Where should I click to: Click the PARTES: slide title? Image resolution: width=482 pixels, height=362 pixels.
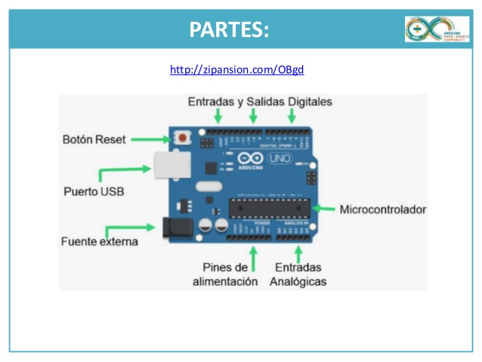[x=229, y=29]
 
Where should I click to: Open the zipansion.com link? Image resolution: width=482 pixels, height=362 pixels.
[x=236, y=70]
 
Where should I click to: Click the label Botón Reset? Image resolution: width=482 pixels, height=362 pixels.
[x=94, y=140]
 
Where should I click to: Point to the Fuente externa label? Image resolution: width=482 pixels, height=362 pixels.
[x=99, y=242]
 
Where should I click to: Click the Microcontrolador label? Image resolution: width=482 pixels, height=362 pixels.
[x=383, y=209]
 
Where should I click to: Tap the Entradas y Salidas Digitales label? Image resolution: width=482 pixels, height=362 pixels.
[x=260, y=101]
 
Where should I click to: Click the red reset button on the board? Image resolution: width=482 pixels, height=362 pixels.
[x=182, y=138]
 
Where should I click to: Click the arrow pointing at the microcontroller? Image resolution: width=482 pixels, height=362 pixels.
[x=325, y=209]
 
